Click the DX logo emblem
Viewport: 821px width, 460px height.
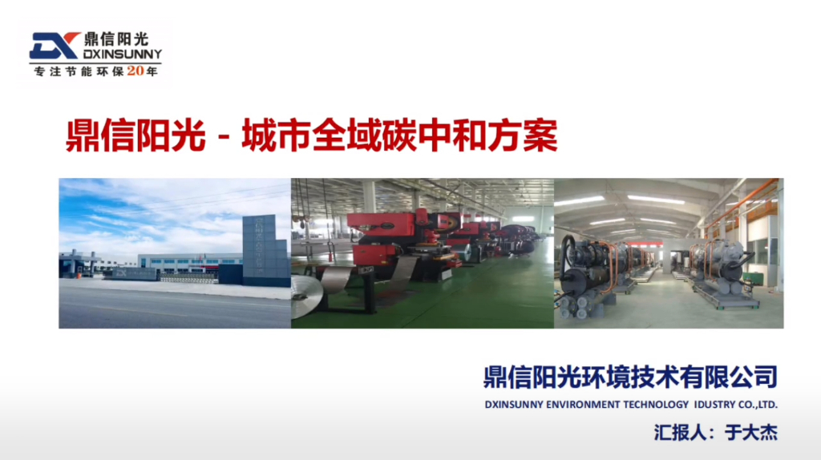[x=54, y=46]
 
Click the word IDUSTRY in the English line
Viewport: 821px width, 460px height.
[x=710, y=405]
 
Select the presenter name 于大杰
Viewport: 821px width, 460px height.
[x=750, y=433]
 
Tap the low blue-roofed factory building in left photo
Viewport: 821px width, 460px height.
[x=188, y=262]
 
